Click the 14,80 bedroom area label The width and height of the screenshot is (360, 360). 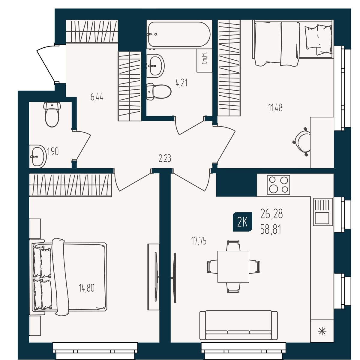pyautogui.click(x=87, y=288)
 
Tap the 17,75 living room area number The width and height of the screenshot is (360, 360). pyautogui.click(x=199, y=241)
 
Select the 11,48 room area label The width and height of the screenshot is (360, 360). pyautogui.click(x=275, y=108)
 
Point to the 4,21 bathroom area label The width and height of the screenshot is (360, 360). pyautogui.click(x=181, y=83)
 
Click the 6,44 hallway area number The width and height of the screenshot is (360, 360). pyautogui.click(x=97, y=97)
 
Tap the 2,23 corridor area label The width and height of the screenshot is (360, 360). pyautogui.click(x=165, y=159)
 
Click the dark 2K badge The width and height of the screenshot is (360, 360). pyautogui.click(x=242, y=222)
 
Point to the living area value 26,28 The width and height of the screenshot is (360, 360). pyautogui.click(x=271, y=214)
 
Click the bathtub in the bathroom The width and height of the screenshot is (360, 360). pyautogui.click(x=179, y=34)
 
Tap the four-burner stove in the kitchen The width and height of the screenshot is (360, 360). pyautogui.click(x=278, y=185)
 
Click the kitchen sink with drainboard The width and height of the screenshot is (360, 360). pyautogui.click(x=321, y=212)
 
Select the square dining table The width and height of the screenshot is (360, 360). pyautogui.click(x=233, y=267)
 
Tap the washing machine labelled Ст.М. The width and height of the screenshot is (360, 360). pyautogui.click(x=204, y=61)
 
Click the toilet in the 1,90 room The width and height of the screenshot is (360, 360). pyautogui.click(x=52, y=115)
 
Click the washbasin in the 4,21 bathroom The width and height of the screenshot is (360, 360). pyautogui.click(x=155, y=66)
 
